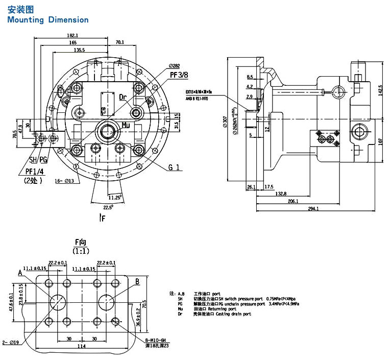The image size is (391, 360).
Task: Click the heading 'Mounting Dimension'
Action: coord(48,20)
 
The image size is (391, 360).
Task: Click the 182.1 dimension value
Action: coord(72,35)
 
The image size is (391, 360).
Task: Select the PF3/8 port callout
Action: coord(180,75)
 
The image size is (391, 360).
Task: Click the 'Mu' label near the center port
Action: coord(126,125)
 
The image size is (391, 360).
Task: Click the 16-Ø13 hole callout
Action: coord(64,181)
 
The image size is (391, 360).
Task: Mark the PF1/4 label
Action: coord(36,171)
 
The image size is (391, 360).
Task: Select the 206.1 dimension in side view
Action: coord(292,202)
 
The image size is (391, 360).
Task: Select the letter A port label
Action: coord(20,273)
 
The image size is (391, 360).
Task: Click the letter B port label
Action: coord(137,281)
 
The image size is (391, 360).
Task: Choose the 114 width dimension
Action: coord(81,347)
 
